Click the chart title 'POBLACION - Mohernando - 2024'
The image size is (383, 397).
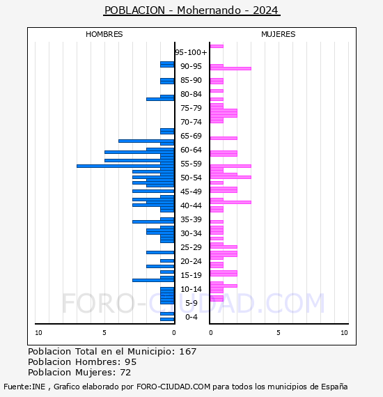(191, 10)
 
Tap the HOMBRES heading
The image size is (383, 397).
(104, 34)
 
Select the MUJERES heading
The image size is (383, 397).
(279, 34)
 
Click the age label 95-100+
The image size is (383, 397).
(191, 52)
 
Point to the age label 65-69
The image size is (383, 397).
(191, 136)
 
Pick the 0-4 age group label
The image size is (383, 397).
(191, 317)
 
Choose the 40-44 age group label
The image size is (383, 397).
(191, 205)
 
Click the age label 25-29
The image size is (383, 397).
(191, 247)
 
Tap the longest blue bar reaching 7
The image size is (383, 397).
(125, 166)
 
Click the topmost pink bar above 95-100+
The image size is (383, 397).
(217, 47)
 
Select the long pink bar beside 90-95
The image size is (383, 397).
(230, 69)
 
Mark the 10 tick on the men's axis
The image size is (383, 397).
(38, 333)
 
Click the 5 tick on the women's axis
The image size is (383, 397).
(279, 333)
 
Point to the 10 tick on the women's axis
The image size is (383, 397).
(344, 333)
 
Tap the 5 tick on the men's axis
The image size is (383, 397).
(104, 333)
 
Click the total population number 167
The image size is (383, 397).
(187, 352)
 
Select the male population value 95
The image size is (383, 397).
(131, 362)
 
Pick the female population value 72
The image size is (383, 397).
(125, 373)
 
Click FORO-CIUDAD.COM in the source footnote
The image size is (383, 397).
(173, 387)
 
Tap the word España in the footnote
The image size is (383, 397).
(334, 387)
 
